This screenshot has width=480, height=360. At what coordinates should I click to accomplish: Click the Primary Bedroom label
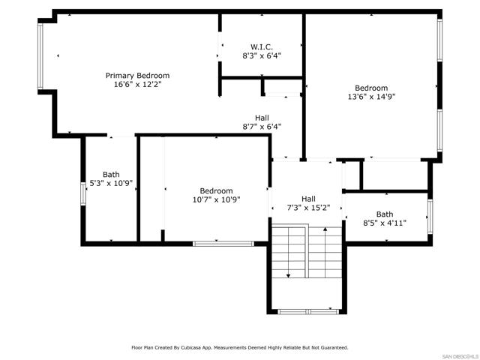click(x=137, y=76)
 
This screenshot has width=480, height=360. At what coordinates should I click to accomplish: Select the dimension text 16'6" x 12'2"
click(x=137, y=85)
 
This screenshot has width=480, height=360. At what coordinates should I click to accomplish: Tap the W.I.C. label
click(x=261, y=46)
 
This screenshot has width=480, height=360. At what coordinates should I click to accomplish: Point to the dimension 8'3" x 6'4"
click(x=261, y=55)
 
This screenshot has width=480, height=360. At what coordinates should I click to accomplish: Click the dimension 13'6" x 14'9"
click(x=371, y=96)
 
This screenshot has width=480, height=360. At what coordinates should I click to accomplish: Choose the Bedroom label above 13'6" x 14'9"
click(x=371, y=88)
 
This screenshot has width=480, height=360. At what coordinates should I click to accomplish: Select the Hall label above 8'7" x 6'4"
click(x=262, y=118)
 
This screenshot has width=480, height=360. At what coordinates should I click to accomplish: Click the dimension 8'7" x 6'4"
click(x=262, y=127)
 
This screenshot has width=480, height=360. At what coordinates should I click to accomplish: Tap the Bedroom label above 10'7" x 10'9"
click(x=216, y=191)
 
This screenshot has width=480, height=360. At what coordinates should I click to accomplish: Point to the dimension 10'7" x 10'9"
click(x=216, y=200)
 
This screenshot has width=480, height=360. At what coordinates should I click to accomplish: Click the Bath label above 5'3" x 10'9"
click(x=111, y=174)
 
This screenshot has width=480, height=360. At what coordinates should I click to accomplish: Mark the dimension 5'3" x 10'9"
click(x=111, y=183)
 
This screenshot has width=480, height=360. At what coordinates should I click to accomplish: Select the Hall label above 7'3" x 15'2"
click(x=309, y=199)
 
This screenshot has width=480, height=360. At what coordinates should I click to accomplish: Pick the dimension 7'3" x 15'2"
click(x=309, y=208)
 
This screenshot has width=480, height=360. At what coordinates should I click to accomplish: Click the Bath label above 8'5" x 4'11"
click(x=384, y=214)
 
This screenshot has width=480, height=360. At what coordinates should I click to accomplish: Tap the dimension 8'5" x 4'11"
click(x=384, y=223)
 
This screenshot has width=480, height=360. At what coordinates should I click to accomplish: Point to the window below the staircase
click(x=306, y=310)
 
